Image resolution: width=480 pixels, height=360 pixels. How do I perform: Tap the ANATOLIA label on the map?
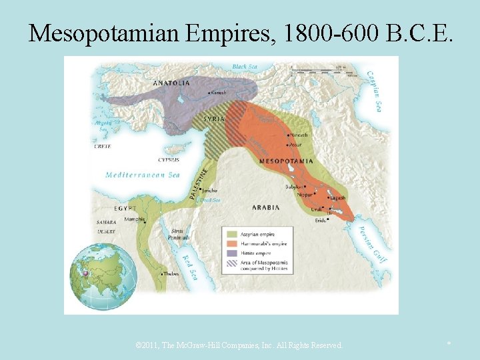[x=171, y=83]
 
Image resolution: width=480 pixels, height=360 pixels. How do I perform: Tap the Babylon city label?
[x=294, y=187]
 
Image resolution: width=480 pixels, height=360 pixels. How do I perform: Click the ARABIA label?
[x=265, y=207]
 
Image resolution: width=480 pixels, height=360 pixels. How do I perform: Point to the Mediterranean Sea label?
[x=143, y=175]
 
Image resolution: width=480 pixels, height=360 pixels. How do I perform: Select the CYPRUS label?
[x=168, y=160]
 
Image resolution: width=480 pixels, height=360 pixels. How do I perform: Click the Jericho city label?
[x=209, y=190]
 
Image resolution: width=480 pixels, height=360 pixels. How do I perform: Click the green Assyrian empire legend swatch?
[x=233, y=234]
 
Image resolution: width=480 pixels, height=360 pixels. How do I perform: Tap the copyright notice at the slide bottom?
[x=239, y=345]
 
